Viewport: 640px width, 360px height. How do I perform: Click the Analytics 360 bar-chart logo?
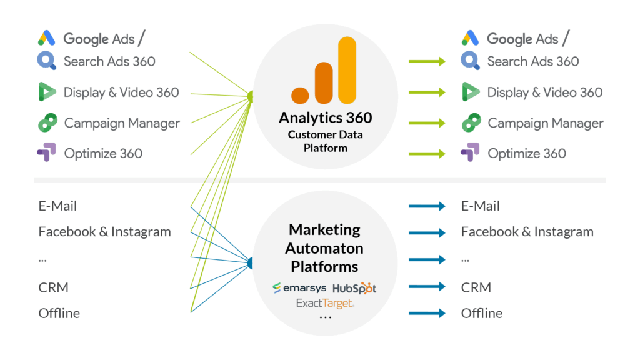click(324, 72)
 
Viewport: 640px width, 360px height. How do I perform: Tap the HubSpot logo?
click(354, 288)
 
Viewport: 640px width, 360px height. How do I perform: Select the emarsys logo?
click(299, 288)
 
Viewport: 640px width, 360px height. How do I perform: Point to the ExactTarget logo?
click(325, 304)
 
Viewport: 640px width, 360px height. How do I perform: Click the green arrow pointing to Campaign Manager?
click(427, 123)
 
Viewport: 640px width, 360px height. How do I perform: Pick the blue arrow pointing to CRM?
click(427, 287)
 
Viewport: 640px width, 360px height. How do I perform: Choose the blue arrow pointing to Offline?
click(427, 313)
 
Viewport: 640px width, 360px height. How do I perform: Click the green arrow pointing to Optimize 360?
click(427, 153)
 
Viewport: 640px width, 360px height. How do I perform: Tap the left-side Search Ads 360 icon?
click(47, 61)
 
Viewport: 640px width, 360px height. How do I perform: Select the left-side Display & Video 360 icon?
click(47, 92)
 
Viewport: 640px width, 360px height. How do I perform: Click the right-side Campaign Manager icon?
click(471, 123)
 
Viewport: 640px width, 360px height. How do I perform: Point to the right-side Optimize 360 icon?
click(470, 152)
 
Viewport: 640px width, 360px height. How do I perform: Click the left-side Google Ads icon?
click(47, 38)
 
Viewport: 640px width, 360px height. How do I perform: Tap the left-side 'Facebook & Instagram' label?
click(104, 232)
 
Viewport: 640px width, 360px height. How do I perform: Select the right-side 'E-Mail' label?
click(480, 206)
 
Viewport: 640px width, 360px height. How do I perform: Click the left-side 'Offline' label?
click(59, 313)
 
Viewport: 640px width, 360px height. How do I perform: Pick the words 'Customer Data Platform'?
click(325, 141)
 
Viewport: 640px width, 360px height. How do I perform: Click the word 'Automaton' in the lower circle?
click(324, 248)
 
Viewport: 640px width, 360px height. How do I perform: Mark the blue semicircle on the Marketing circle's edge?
click(251, 263)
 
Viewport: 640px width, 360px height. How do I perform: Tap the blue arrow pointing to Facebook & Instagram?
click(427, 232)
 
